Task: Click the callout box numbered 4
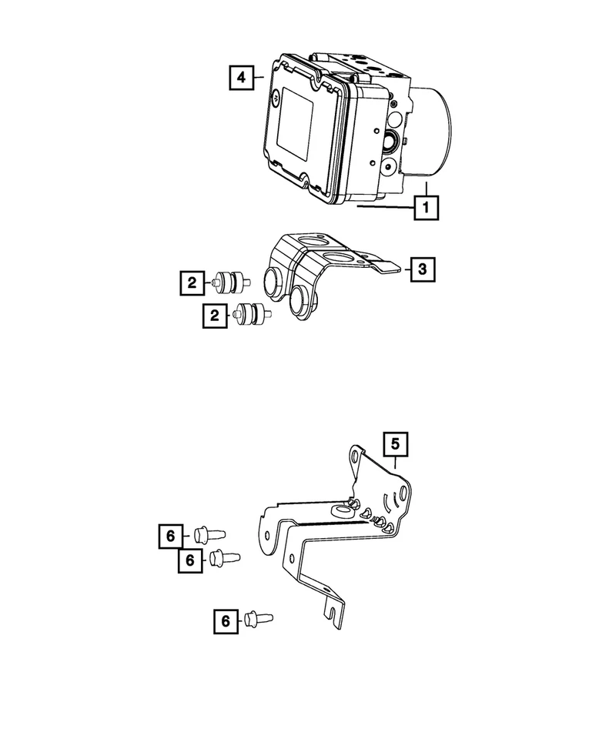coord(241,77)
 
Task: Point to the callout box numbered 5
coord(395,444)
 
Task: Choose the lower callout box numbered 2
coord(216,316)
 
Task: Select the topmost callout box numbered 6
coord(172,534)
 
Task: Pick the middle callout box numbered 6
coord(189,560)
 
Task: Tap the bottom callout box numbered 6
coord(227,620)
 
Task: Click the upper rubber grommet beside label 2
coord(229,283)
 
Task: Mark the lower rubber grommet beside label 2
coord(252,315)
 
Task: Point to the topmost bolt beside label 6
coord(207,533)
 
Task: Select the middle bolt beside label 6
coord(224,557)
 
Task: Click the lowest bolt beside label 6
coord(259,617)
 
